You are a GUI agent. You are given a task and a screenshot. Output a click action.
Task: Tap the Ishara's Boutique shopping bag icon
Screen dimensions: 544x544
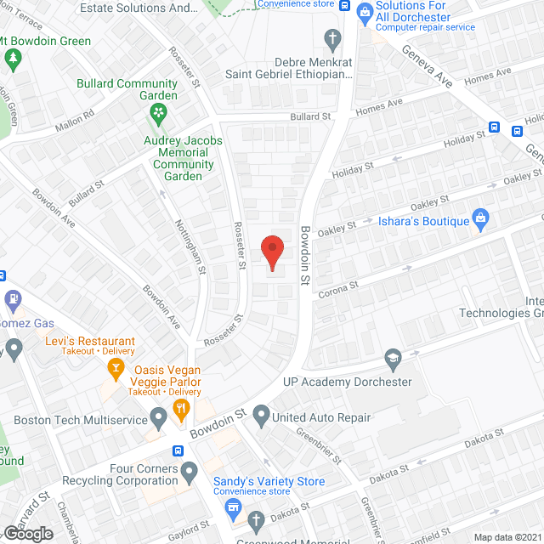[x=480, y=220]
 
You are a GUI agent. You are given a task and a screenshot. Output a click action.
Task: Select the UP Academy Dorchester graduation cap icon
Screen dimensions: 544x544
[x=393, y=360]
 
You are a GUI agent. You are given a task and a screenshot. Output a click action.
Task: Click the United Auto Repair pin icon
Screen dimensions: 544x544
[x=262, y=417]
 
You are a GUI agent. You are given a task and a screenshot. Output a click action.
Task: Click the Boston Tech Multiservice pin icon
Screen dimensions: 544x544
[x=158, y=417]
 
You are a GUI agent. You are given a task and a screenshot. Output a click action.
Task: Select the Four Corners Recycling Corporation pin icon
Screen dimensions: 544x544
[x=190, y=470]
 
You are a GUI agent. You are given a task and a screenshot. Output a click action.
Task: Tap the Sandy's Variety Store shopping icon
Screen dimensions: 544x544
[x=233, y=508]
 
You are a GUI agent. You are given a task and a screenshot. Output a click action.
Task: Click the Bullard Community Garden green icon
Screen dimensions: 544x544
[x=157, y=111]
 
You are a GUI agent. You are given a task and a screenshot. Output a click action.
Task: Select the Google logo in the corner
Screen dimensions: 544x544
[x=27, y=533]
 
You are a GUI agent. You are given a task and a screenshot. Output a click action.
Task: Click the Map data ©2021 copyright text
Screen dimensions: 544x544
[x=506, y=536]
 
